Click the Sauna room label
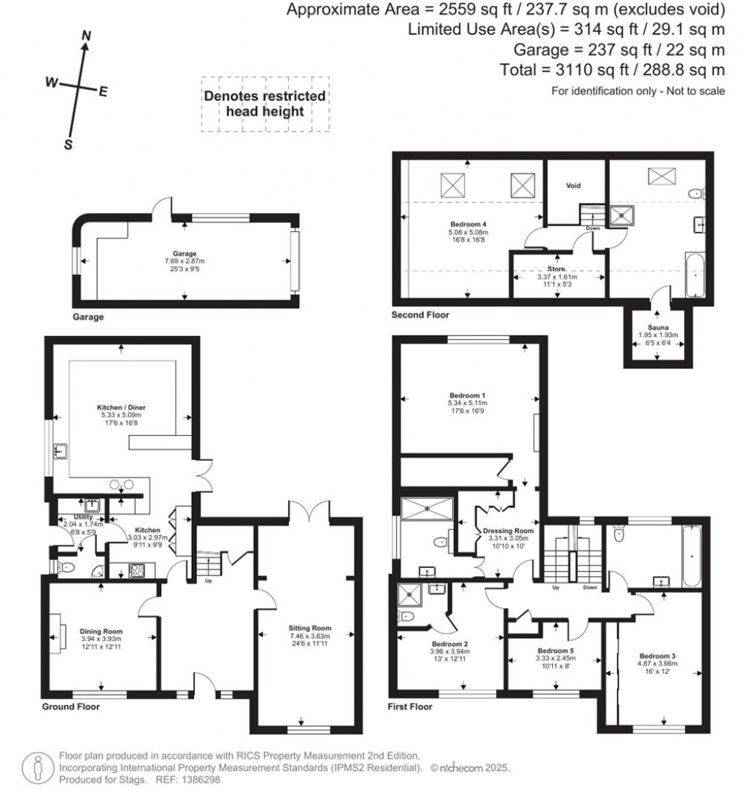[658, 327]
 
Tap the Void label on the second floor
[573, 186]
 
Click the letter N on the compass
[86, 36]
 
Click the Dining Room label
[101, 631]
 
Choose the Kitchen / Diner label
[121, 407]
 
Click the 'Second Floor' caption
[420, 315]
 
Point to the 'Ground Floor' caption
[71, 707]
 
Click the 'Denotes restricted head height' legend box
[265, 104]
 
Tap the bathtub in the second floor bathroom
[695, 275]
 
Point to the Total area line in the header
[612, 70]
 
